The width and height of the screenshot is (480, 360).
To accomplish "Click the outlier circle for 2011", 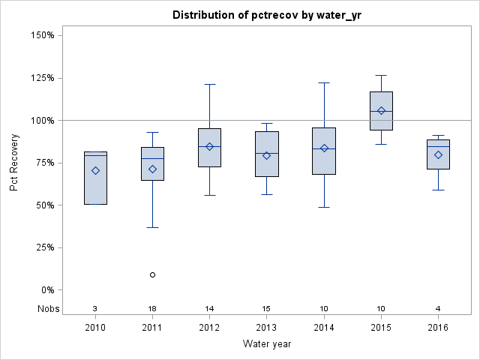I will pos(152,274).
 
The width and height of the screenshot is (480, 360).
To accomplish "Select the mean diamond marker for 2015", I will pos(381,111).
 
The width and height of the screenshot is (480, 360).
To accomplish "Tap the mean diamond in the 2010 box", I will pos(95,170).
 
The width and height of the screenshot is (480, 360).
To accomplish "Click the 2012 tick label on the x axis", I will pos(209,328).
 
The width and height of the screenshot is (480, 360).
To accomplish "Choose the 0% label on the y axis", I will pos(46,290).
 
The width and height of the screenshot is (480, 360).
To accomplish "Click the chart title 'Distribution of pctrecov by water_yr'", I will pos(266,15).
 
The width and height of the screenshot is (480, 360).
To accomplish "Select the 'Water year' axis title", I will pos(266,344).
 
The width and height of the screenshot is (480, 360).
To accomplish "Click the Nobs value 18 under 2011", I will pos(152,308).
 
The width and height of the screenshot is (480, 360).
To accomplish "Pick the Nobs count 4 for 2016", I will pos(438,308).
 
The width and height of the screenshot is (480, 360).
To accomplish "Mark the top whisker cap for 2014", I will pos(324,82).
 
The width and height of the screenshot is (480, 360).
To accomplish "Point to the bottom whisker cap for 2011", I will pos(152,227).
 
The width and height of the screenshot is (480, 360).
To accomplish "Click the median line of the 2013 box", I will pos(266,153).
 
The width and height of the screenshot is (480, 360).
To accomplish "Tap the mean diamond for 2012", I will pos(209,146).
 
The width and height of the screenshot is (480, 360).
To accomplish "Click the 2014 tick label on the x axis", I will pos(324,328).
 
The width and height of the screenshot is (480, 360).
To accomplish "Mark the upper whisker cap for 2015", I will pos(381,75).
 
